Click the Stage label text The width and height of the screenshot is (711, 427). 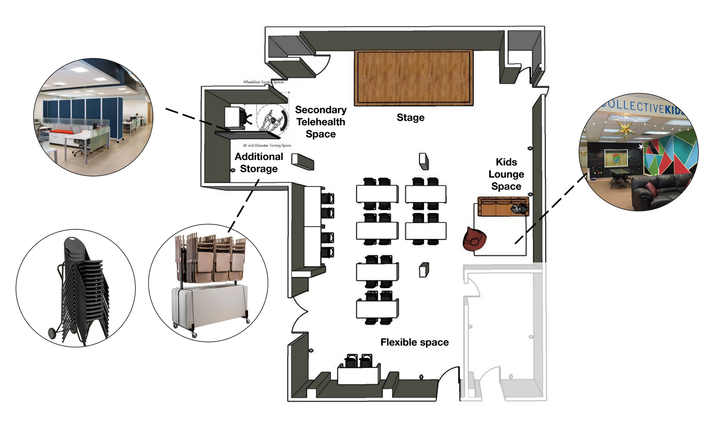coord(410,117)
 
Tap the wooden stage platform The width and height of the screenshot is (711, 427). coord(413,78)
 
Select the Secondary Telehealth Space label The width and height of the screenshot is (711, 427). coord(320,122)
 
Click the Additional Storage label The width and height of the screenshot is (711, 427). coord(259,163)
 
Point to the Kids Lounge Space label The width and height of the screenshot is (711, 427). coord(506,174)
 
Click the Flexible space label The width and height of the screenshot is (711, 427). coord(414,342)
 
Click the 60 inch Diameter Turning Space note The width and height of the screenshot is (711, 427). coord(267,146)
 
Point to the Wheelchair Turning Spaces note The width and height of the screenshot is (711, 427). coord(263,82)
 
